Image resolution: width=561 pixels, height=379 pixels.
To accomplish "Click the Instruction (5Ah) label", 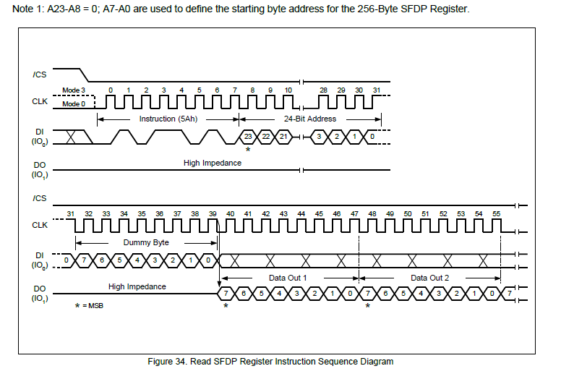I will (167, 119).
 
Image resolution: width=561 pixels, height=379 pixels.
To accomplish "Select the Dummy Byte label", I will (147, 242).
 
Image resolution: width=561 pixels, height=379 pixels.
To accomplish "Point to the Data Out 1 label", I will (288, 277).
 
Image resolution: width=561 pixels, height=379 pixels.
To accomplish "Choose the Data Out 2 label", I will (429, 277).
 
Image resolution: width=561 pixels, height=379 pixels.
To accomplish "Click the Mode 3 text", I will (73, 90).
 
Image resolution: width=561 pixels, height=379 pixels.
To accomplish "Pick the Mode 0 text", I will (73, 104).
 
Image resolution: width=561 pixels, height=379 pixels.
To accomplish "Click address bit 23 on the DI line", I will (248, 137).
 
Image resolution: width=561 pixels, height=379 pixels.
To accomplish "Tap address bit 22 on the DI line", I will (266, 137).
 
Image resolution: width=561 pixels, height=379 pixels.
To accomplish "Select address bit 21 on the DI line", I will (283, 137).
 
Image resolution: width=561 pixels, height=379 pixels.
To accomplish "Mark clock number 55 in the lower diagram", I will (497, 214).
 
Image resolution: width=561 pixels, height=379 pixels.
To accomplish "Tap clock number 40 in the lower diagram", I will (230, 214).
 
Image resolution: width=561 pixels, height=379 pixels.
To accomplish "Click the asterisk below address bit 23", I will (248, 149).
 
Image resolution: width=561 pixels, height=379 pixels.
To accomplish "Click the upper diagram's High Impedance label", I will (213, 163).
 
